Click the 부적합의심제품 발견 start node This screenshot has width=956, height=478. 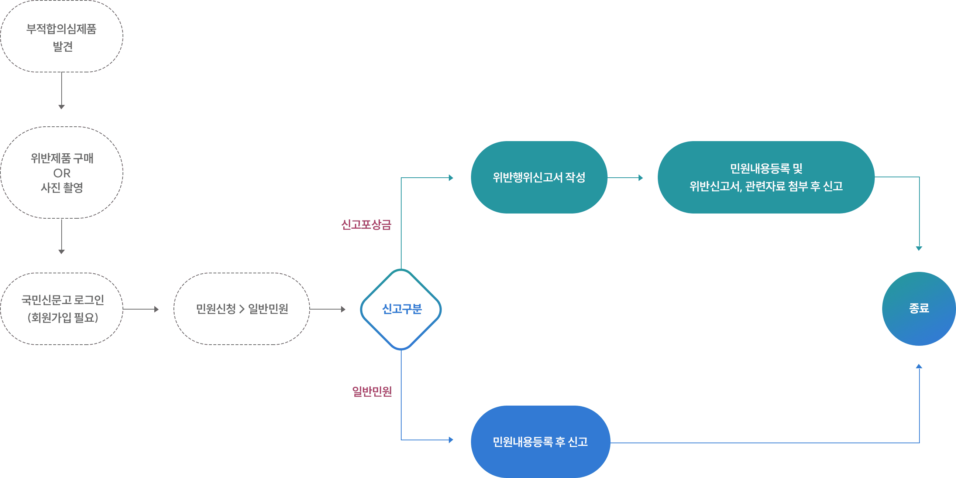coord(62,37)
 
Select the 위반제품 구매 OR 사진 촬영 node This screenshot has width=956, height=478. coord(62,173)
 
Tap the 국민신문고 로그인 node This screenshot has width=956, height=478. coord(62,309)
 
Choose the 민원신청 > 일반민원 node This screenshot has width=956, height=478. coord(242,309)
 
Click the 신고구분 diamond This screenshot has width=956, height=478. coord(401,310)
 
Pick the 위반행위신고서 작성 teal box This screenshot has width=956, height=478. coord(539,177)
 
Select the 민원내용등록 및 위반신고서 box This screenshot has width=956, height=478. coord(766,177)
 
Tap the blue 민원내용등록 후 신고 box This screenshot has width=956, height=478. coord(540,441)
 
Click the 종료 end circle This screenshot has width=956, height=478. coord(919,309)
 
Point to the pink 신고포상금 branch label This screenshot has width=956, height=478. coord(366,225)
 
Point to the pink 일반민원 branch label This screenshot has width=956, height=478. coord(372,391)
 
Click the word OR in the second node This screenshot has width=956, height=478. coord(62,173)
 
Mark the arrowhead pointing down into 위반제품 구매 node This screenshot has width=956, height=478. coord(62,107)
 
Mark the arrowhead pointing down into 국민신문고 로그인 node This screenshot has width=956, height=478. coord(62,252)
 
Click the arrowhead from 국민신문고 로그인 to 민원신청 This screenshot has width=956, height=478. coord(157,309)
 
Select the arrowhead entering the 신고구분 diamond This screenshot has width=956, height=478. coord(344,309)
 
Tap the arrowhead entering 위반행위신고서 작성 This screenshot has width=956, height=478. coord(451,178)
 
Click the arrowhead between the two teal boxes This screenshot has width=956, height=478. coord(641,178)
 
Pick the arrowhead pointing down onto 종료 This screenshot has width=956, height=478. coord(919,249)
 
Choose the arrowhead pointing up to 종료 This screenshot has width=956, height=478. coord(919,366)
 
